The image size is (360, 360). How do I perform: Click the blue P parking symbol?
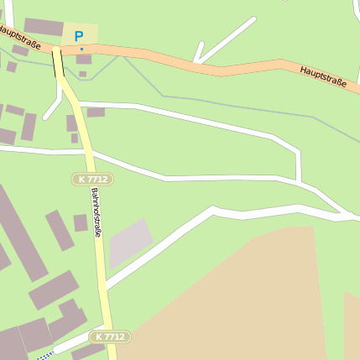pos(79,36)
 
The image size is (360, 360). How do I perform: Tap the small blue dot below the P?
pos(81,50)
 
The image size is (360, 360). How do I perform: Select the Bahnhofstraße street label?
pos(96,212)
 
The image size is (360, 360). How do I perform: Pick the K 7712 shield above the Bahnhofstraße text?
pos(91,179)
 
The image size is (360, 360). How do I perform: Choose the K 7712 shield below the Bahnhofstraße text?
pos(110,337)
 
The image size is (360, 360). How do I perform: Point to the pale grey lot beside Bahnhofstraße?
pos(130,243)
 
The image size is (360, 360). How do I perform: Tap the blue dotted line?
pos(44,356)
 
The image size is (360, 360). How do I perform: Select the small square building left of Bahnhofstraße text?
pos(81,222)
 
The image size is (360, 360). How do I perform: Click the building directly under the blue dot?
pos(84,60)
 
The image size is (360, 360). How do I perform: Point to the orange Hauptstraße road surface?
pos(168,60)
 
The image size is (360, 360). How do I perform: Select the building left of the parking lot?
pos(42,27)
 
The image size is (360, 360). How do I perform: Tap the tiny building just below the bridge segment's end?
pos(82,74)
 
